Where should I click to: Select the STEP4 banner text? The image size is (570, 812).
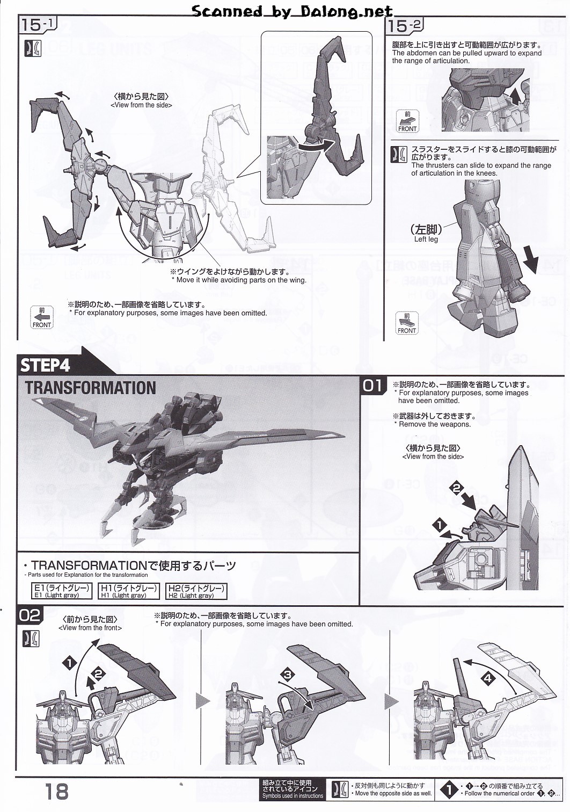coord(46,365)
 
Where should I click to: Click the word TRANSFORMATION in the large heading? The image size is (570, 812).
coord(91,388)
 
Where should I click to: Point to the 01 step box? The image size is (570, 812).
coord(374,386)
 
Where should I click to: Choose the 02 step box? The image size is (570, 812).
coord(30,615)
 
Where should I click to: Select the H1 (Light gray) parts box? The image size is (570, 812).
coord(129,591)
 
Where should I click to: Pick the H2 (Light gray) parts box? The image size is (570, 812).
coord(196,591)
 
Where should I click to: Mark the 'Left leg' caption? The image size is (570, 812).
coord(426,239)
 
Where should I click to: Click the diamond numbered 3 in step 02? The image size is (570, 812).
coord(287,675)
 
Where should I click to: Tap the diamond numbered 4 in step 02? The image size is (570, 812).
coord(487,679)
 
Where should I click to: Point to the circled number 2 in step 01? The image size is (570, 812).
coord(457,488)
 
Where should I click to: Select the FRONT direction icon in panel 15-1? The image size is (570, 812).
coord(41,317)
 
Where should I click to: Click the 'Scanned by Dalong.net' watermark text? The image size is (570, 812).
coord(293,11)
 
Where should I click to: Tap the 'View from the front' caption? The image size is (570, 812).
coord(90,627)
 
